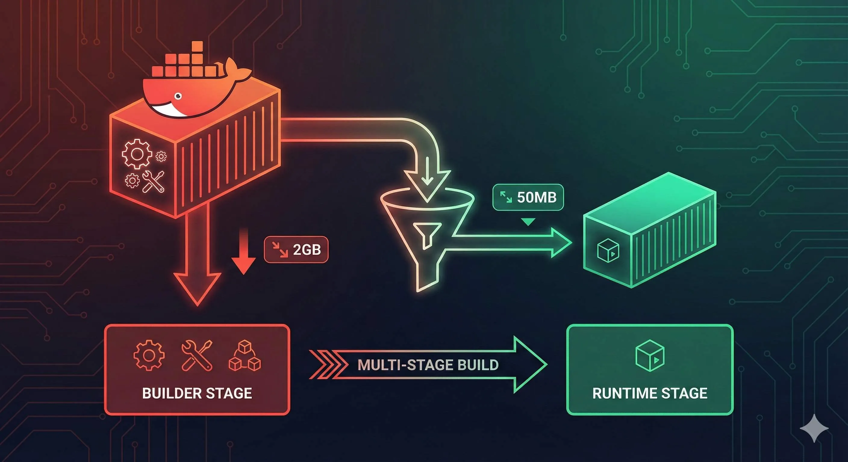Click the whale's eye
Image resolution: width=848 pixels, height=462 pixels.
[x=178, y=96]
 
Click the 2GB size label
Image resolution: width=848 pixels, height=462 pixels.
[x=296, y=250]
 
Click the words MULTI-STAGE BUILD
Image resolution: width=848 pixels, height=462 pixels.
[x=428, y=365]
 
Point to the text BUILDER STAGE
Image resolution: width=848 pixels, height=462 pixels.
[x=197, y=393]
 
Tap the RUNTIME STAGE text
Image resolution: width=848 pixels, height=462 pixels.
[x=650, y=393]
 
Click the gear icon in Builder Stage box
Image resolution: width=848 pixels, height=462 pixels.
[x=149, y=356]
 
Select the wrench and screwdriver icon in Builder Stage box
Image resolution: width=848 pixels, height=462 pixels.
[x=197, y=356]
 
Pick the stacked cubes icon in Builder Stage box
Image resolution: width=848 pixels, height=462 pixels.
[x=245, y=356]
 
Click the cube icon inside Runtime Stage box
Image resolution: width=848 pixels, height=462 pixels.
[x=650, y=356]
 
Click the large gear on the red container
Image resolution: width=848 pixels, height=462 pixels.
[x=137, y=154]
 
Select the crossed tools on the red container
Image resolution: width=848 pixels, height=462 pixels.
[x=153, y=181]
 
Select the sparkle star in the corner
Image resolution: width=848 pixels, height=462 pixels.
[x=814, y=428]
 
